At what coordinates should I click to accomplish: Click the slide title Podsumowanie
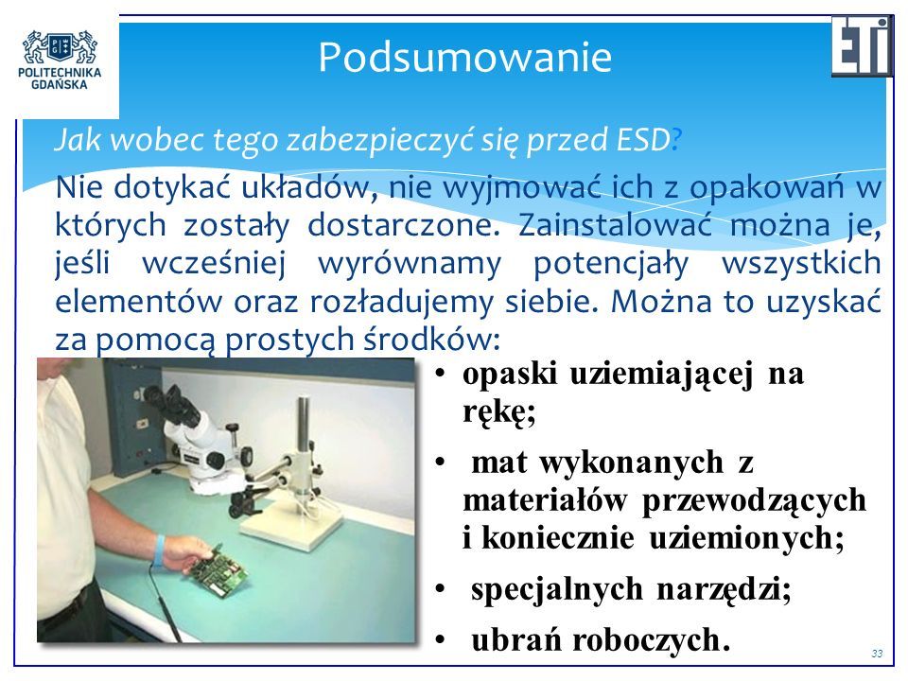(464, 57)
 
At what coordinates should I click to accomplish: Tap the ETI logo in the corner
(862, 46)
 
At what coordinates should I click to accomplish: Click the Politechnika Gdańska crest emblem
(60, 47)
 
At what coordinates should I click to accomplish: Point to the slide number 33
(877, 654)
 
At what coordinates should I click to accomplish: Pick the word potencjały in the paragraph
(611, 264)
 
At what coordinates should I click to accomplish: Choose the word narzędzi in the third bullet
(724, 590)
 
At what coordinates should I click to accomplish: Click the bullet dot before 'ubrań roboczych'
(440, 640)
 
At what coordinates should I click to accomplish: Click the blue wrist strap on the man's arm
(159, 550)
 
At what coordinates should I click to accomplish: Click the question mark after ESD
(676, 140)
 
